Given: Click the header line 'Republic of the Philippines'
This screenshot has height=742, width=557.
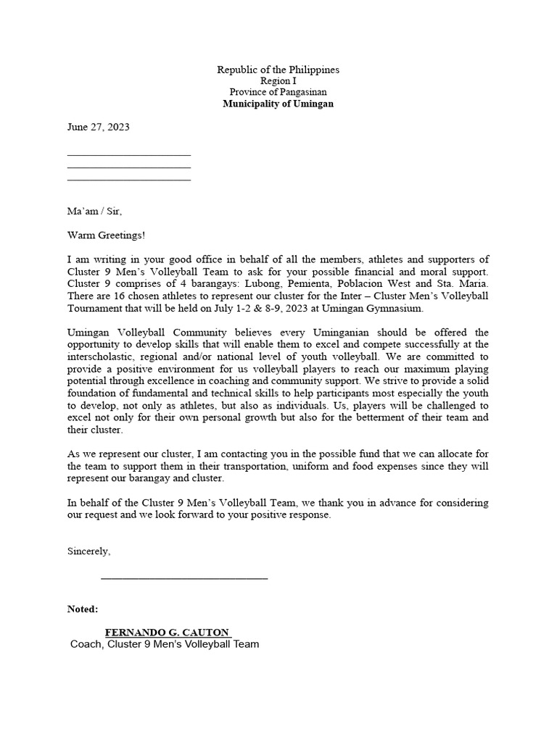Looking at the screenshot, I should click(278, 70).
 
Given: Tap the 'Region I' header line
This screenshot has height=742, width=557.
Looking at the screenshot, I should click(278, 81).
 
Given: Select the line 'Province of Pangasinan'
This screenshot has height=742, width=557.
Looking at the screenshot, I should click(278, 92).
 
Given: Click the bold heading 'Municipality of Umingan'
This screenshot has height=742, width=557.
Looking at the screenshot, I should click(278, 104).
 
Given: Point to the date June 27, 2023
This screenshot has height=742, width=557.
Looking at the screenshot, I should click(98, 126).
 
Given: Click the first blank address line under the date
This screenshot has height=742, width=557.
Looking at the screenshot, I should click(128, 154).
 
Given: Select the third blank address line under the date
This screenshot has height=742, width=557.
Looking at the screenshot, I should click(128, 178).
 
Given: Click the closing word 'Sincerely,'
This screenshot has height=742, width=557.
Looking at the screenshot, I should click(89, 551).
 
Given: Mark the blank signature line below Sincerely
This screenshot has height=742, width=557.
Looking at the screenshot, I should click(184, 578).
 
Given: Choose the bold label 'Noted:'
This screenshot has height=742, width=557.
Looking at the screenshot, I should click(83, 609).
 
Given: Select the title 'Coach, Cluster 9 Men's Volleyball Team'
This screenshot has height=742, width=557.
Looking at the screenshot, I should click(164, 644).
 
